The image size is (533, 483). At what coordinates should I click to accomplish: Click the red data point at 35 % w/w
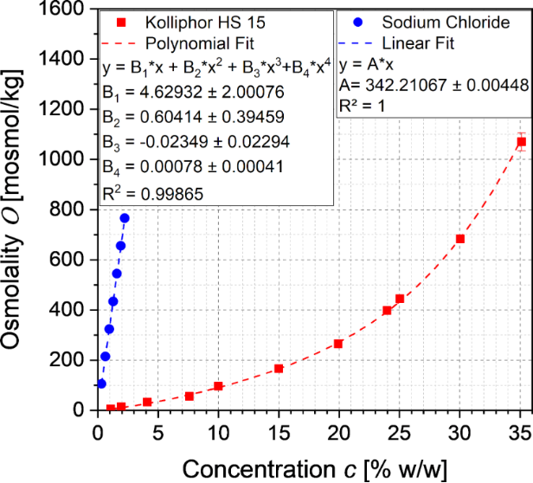pyautogui.click(x=521, y=142)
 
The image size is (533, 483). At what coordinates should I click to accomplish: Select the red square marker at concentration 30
pyautogui.click(x=460, y=239)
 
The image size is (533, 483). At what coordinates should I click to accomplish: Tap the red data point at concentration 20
pyautogui.click(x=338, y=344)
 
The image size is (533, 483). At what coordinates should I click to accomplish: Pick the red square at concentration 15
pyautogui.click(x=279, y=369)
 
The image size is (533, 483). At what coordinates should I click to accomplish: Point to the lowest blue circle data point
pyautogui.click(x=101, y=383)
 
